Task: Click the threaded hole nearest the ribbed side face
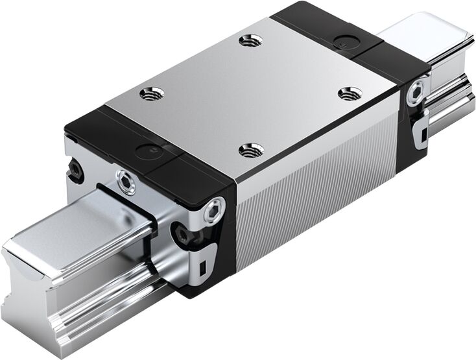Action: coord(251,150)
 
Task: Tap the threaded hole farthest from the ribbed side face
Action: coord(250,41)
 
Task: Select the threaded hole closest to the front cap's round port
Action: coord(151,93)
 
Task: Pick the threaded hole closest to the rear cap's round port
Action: coord(350,93)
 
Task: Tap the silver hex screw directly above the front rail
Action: coord(126,182)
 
